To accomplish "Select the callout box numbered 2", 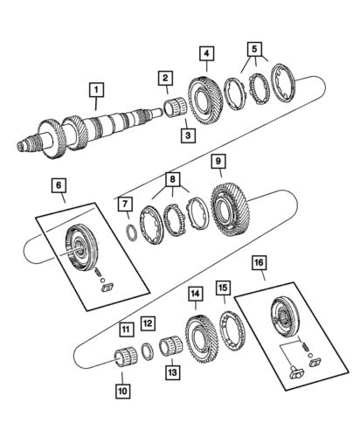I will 163,80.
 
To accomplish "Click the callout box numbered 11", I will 127,329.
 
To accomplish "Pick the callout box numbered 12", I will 149,323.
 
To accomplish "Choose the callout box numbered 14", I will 194,295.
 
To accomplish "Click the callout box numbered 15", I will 223,311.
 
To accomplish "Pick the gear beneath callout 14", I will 201,336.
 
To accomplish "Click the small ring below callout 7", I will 129,232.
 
